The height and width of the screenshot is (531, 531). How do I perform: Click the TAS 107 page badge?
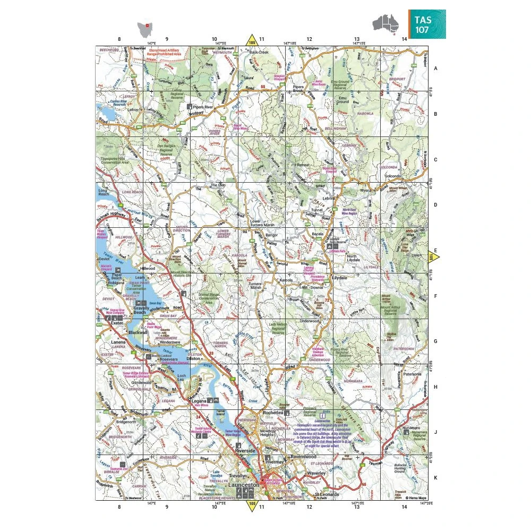point(427,24)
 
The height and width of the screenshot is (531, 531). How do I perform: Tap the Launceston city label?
point(243,485)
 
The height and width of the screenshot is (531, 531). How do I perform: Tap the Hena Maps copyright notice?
point(416,498)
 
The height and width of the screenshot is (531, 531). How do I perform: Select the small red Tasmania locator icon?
point(143,28)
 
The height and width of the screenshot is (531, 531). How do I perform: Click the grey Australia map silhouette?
point(386,23)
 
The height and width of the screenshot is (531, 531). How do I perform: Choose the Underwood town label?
point(310,321)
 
